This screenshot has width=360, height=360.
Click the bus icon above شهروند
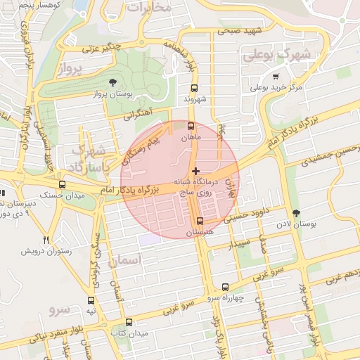pyautogui.click(x=195, y=88)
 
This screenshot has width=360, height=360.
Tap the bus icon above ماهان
pyautogui.click(x=191, y=127)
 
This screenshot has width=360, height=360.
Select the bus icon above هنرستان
pyautogui.click(x=200, y=221)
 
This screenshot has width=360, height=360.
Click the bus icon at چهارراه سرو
pyautogui.click(x=225, y=287)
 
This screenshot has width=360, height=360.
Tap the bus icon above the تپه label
pyautogui.click(x=90, y=300)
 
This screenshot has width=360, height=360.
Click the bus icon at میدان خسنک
pyautogui.click(x=63, y=184)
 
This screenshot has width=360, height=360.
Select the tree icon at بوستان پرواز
pyautogui.click(x=114, y=83)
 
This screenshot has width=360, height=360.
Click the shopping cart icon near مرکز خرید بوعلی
pyautogui.click(x=276, y=77)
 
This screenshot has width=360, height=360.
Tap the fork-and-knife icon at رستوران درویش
pyautogui.click(x=46, y=240)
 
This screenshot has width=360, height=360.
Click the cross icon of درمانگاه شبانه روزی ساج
pyautogui.click(x=195, y=172)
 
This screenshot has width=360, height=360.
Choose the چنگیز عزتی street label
pyautogui.click(x=103, y=47)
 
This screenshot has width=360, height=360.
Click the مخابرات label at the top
pyautogui.click(x=148, y=8)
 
